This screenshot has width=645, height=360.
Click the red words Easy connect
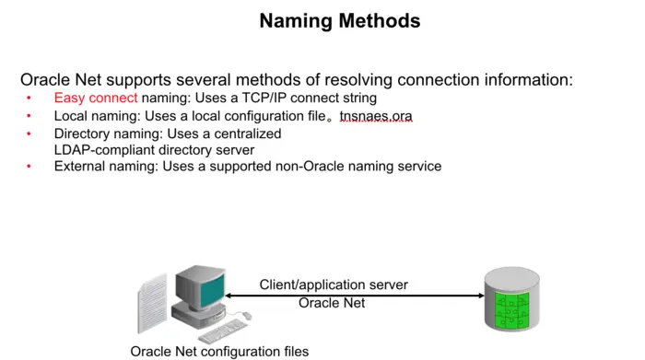96,98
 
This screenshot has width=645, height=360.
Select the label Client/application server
333,285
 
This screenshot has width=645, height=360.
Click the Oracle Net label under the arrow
333,303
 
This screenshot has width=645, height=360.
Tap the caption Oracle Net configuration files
219,351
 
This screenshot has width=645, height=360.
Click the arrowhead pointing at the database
480,296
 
